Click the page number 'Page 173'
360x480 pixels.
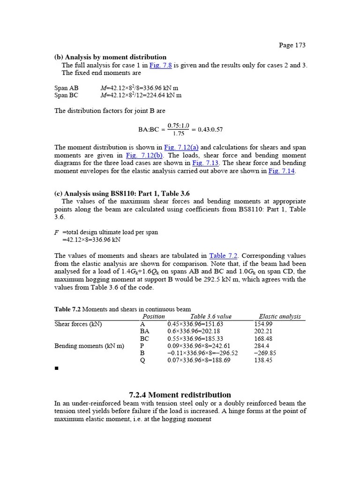(292, 45)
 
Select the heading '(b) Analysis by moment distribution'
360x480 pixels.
(110, 57)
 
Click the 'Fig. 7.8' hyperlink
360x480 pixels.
(160, 65)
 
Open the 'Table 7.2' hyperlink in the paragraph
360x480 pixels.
(224, 255)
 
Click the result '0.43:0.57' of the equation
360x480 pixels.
(211, 129)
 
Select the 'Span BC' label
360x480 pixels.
(67, 95)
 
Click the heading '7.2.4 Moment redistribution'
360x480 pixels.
(180, 395)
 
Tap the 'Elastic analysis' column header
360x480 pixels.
(280, 316)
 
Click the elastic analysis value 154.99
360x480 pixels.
(263, 324)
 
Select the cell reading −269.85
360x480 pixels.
(265, 353)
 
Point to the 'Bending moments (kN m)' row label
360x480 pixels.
(89, 346)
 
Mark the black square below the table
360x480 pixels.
(56, 369)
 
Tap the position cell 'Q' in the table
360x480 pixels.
(143, 360)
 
